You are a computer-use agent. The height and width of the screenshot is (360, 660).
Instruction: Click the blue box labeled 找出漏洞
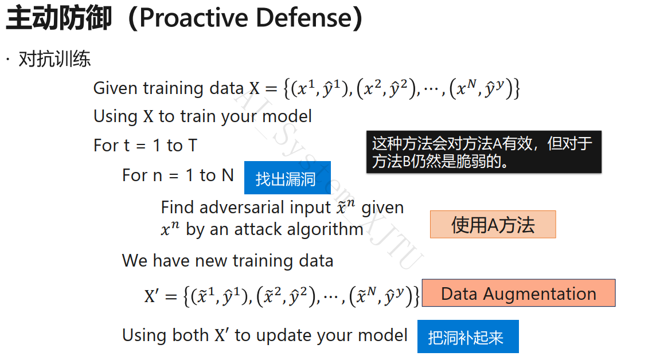click(287, 178)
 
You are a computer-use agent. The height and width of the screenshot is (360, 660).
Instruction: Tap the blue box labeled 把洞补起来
click(468, 336)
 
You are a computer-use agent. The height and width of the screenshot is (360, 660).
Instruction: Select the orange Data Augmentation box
click(518, 293)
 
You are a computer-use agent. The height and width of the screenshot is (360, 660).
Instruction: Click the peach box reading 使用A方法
click(493, 225)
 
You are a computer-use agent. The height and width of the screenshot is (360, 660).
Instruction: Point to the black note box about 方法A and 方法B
click(484, 152)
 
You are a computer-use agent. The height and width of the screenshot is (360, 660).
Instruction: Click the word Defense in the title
click(304, 18)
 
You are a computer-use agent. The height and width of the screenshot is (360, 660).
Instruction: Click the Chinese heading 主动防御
click(59, 18)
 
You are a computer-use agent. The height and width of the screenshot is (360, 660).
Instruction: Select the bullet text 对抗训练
click(54, 59)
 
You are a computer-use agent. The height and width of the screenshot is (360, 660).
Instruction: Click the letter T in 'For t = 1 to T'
click(192, 146)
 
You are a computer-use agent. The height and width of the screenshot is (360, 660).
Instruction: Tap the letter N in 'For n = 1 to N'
click(228, 175)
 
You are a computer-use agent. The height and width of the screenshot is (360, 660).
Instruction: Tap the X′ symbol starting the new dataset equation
click(151, 296)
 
